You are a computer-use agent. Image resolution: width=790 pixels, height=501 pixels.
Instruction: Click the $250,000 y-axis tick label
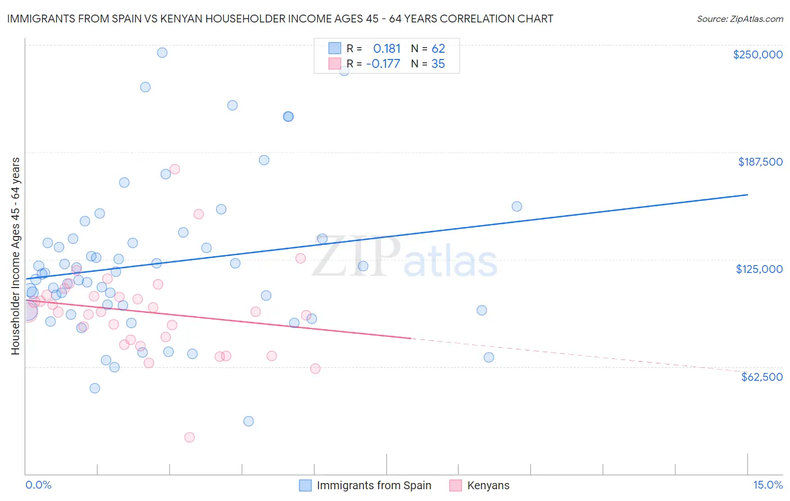[757, 54]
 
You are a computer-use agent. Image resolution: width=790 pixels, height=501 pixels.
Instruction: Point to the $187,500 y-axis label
[760, 162]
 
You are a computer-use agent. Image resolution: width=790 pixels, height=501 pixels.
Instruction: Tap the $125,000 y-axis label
[759, 269]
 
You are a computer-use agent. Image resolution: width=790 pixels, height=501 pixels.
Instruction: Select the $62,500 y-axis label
[761, 377]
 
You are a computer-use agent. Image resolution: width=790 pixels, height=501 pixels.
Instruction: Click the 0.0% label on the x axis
[38, 485]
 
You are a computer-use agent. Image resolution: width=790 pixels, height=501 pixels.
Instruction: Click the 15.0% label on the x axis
[768, 485]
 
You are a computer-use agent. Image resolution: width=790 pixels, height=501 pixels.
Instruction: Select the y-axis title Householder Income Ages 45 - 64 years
[15, 256]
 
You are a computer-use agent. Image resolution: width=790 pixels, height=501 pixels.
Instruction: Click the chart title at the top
[280, 19]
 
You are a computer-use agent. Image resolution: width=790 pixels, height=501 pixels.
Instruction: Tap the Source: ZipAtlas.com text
[739, 19]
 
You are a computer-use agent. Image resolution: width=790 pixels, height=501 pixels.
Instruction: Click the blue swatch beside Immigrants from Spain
[305, 485]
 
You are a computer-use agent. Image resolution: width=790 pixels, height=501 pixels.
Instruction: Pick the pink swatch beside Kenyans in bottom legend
[456, 485]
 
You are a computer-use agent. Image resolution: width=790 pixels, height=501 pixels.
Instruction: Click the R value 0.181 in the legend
[387, 48]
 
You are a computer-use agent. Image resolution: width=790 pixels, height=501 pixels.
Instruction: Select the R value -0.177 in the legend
[383, 64]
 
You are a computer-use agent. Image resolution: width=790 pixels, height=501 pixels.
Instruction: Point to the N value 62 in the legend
[438, 48]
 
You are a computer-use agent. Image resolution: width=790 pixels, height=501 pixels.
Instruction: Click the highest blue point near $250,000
[162, 53]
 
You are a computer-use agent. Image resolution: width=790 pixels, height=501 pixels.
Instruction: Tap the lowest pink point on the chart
[189, 438]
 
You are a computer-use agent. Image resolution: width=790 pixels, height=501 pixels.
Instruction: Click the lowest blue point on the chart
[248, 421]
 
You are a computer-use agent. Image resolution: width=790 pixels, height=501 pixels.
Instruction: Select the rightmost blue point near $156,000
[517, 206]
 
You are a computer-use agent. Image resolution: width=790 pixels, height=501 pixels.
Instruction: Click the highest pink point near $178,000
[175, 169]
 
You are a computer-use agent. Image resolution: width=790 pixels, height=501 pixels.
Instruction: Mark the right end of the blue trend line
[747, 194]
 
